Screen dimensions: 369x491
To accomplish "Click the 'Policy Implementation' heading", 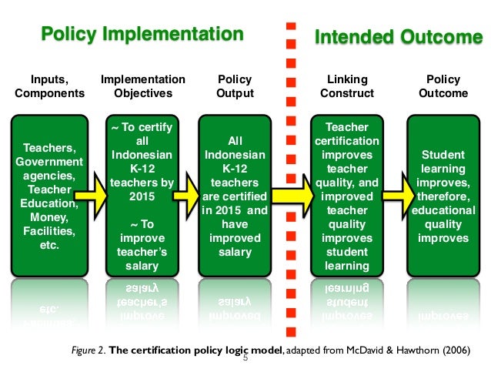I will (142, 34).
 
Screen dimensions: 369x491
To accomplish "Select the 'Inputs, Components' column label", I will (49, 86).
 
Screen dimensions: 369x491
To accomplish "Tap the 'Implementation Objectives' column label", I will (143, 86).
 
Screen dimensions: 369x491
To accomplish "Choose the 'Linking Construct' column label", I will (348, 86).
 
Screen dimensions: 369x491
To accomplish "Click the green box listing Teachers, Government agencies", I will (49, 196).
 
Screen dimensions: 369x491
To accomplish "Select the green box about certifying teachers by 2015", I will (143, 196).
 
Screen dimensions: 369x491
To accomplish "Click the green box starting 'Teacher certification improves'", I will (347, 196).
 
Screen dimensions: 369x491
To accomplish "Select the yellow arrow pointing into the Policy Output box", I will (186, 195).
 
